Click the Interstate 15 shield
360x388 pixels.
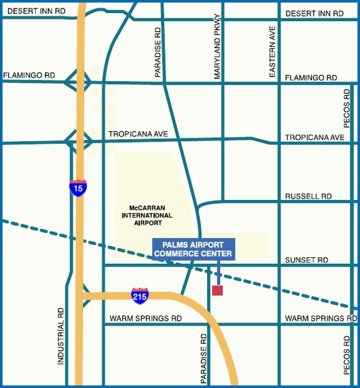click(78, 188)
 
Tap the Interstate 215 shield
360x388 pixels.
click(140, 294)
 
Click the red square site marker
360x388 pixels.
click(218, 290)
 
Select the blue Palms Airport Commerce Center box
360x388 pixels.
click(193, 249)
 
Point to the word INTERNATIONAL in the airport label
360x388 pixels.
click(147, 215)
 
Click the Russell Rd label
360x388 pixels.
click(308, 197)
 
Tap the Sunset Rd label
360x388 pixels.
click(306, 260)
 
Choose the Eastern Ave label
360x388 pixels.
click(272, 53)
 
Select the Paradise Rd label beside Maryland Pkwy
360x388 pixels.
click(158, 53)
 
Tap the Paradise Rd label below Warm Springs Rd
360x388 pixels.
click(204, 358)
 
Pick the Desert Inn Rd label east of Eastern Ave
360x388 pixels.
click(314, 13)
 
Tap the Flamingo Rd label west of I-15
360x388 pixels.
click(28, 75)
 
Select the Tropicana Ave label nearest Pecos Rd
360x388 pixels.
click(315, 137)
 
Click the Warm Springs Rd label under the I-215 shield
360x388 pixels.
click(144, 318)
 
